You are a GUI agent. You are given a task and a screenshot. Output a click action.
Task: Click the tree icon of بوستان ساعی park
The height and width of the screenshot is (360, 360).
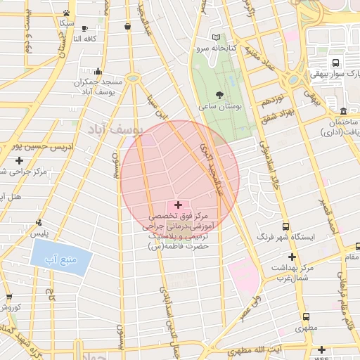[x=219, y=94]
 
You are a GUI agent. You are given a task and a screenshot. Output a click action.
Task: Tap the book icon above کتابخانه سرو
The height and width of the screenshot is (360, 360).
[x=216, y=37]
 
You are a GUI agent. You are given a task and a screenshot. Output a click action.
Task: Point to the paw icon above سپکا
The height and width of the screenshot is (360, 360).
[x=66, y=13]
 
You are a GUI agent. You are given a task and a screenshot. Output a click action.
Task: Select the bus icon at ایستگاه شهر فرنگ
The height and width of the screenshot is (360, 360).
[x=285, y=227]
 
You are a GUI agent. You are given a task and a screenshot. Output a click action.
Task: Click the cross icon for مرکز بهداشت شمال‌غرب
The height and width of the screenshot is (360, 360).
[x=292, y=257]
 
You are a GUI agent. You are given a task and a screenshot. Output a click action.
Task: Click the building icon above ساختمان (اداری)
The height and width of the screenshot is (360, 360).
[x=342, y=111]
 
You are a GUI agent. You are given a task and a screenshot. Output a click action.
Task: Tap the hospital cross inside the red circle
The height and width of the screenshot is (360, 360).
[x=177, y=204]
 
